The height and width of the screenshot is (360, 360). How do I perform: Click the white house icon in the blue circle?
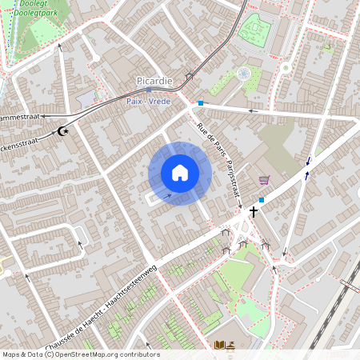pyautogui.click(x=180, y=173)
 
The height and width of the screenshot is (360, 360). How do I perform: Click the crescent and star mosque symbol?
pyautogui.click(x=65, y=130)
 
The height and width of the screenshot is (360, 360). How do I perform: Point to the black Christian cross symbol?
pyautogui.click(x=254, y=212)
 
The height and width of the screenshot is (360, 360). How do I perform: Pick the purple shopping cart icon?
pyautogui.click(x=264, y=180)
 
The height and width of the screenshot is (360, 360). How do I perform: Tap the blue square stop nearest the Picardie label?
pyautogui.click(x=200, y=103)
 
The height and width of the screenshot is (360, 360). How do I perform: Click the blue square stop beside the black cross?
pyautogui.click(x=262, y=199)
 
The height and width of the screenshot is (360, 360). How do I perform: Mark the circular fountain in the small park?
pyautogui.click(x=243, y=74)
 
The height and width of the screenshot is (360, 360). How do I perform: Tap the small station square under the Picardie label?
pyautogui.click(x=149, y=92)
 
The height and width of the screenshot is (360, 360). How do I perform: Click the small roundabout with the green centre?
pyautogui.click(x=285, y=68)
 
